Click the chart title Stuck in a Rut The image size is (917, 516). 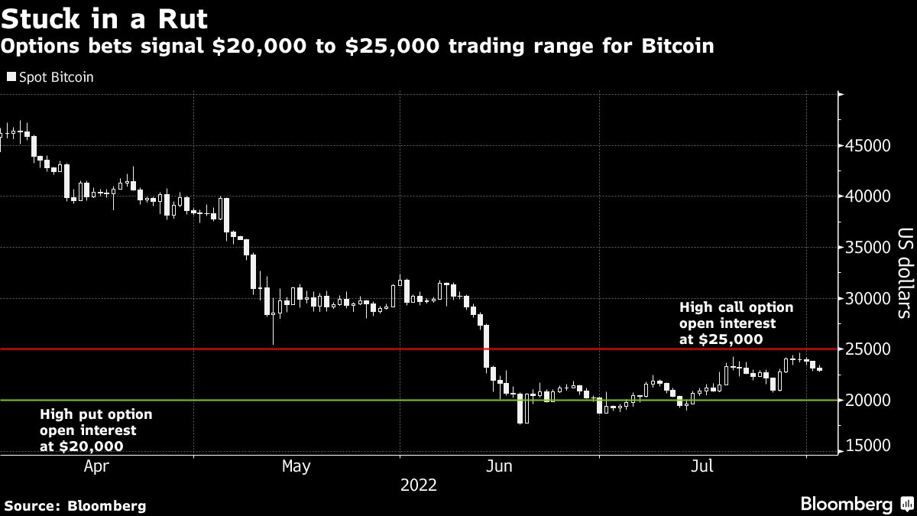(x=104, y=17)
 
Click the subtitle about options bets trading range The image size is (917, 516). (x=358, y=47)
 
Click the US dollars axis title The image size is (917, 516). (x=904, y=273)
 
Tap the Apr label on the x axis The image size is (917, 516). (x=96, y=466)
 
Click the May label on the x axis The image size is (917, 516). (x=296, y=466)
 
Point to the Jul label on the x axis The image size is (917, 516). (x=701, y=466)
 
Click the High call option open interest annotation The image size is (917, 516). (x=736, y=323)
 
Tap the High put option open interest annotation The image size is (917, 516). (x=96, y=430)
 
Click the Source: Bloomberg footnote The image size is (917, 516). (x=75, y=505)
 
